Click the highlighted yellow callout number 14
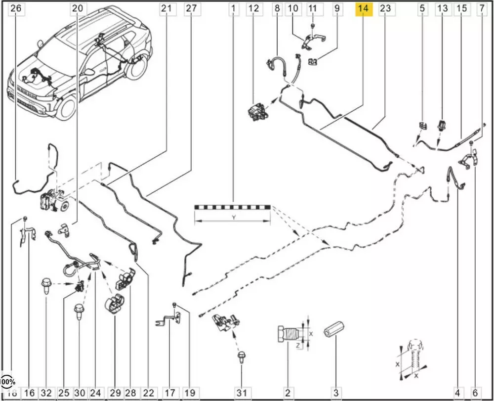364,8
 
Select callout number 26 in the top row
16,8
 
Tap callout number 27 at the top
191,8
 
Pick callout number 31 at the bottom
242,393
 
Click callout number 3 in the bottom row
336,393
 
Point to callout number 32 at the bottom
46,393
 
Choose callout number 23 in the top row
385,8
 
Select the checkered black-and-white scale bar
233,206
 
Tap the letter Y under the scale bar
233,217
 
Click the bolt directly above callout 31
242,357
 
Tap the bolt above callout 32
46,285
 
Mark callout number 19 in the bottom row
190,393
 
